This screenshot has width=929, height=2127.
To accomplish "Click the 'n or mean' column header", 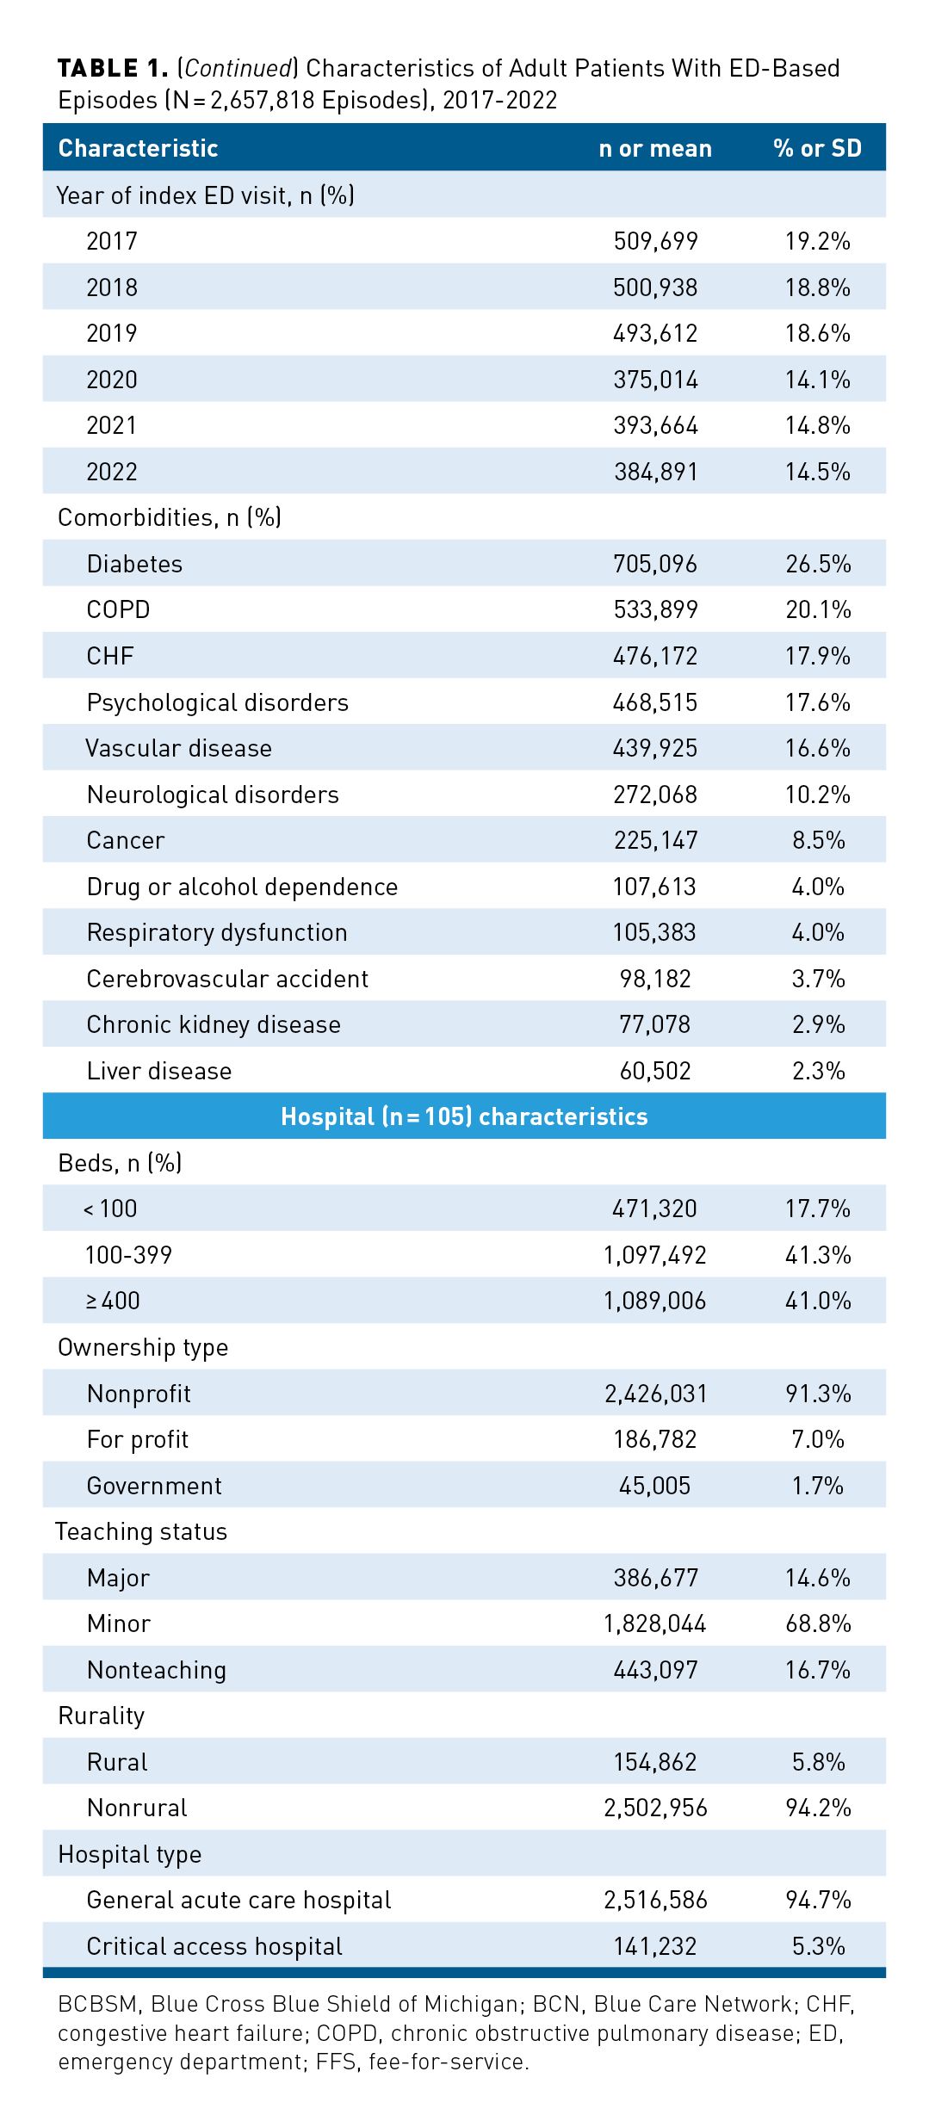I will [x=654, y=148].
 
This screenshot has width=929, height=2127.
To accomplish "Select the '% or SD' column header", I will [x=816, y=148].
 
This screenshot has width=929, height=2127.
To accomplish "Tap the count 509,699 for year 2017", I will [x=655, y=241].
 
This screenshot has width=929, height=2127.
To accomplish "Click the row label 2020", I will [x=112, y=380].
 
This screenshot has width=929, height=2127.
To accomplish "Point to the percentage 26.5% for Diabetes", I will [x=817, y=564].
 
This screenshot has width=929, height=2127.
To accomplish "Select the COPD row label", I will [x=118, y=609].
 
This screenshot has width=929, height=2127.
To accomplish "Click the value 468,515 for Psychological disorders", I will [x=654, y=702].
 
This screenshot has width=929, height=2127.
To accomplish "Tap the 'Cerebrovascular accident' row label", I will [x=227, y=979].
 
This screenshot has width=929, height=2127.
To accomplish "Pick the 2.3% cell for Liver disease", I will [x=818, y=1071].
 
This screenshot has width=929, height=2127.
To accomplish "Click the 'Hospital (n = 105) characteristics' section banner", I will [x=464, y=1116].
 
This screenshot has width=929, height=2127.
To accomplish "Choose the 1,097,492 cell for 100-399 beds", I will [x=654, y=1255].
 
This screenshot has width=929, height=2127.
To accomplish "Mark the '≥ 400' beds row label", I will [x=113, y=1301].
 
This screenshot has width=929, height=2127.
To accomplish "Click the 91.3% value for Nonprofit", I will [x=817, y=1394].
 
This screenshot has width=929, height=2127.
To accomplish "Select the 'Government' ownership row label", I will [x=154, y=1486].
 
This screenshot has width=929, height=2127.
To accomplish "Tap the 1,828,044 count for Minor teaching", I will [x=654, y=1623].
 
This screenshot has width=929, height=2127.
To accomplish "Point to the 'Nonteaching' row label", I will [x=157, y=1670].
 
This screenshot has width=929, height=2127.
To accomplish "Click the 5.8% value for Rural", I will [x=818, y=1762].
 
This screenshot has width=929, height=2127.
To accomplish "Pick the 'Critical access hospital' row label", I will [x=214, y=1946].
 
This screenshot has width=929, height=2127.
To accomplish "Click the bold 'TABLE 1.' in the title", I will [x=112, y=68].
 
